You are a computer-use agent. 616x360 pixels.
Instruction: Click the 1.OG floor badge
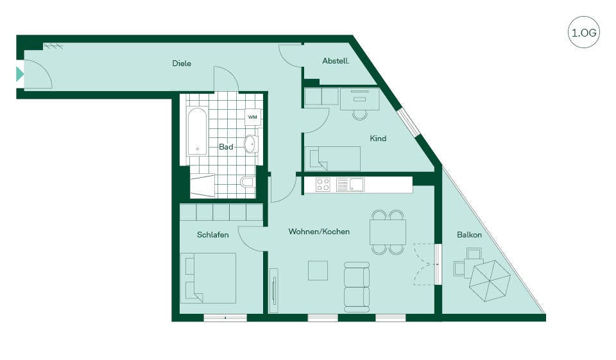click(x=584, y=32)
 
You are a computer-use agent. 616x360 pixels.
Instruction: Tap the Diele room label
click(x=182, y=64)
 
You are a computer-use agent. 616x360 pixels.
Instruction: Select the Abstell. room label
click(x=336, y=61)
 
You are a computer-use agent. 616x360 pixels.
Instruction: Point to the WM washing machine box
click(x=253, y=117)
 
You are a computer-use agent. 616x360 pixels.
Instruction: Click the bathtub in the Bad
click(x=197, y=131)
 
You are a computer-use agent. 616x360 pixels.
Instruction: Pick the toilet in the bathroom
click(x=247, y=182)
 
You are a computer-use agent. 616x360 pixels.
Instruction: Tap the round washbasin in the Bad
click(x=250, y=144)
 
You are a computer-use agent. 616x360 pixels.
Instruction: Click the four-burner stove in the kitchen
click(x=323, y=184)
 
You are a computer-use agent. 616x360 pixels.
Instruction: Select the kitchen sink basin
click(x=357, y=184)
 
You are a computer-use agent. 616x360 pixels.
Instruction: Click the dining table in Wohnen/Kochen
click(x=388, y=232)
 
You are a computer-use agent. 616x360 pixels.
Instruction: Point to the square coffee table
click(x=318, y=270)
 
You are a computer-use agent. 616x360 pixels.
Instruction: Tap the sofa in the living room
click(x=357, y=287)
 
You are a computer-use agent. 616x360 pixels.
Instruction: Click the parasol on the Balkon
click(x=490, y=280)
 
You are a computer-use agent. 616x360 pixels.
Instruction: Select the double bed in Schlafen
click(x=208, y=278)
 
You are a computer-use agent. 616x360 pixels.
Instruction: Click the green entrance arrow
click(x=20, y=74)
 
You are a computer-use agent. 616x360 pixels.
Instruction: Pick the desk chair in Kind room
click(x=360, y=114)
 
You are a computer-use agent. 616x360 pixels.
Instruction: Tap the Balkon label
click(x=469, y=235)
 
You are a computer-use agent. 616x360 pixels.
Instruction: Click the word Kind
click(x=378, y=139)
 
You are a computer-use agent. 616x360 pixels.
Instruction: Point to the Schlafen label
click(x=212, y=235)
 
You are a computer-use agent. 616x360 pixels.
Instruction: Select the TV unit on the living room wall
click(x=273, y=291)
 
